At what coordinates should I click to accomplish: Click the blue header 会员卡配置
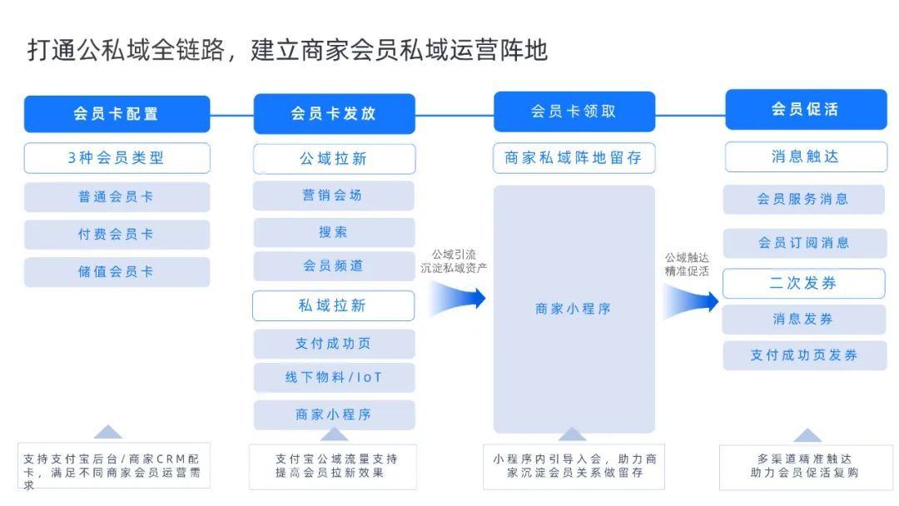117,114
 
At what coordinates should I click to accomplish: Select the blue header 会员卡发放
334,113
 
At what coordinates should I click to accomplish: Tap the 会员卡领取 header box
574,112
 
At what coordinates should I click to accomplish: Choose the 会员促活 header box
805,109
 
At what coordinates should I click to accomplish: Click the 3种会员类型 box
117,158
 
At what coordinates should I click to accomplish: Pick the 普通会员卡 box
117,197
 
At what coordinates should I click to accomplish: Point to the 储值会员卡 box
117,271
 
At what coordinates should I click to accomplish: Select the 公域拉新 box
334,159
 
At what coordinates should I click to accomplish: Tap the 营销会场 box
334,196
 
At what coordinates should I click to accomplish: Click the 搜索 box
334,232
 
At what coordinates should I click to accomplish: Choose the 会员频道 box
334,266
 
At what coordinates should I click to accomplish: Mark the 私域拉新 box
333,305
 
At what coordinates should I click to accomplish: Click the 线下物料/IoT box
334,378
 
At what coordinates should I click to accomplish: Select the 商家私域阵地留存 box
574,158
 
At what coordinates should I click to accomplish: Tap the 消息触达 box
805,156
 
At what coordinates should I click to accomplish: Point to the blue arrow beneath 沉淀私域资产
458,298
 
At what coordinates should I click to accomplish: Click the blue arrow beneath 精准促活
691,300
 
